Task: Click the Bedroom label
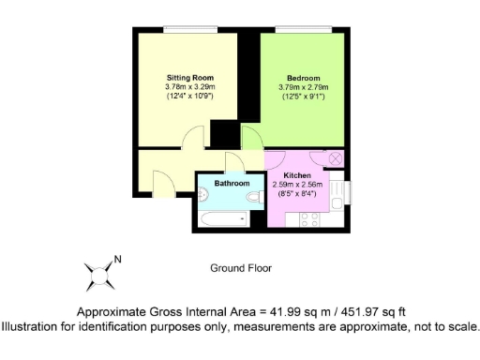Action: (303, 77)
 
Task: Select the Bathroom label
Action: (232, 183)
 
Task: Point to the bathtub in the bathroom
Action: (221, 218)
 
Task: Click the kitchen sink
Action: (344, 192)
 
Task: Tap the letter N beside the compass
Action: (118, 260)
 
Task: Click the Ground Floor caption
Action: (240, 267)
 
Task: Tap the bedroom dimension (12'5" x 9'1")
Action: (303, 97)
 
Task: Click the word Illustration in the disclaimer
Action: (34, 326)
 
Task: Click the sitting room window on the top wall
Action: (185, 29)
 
